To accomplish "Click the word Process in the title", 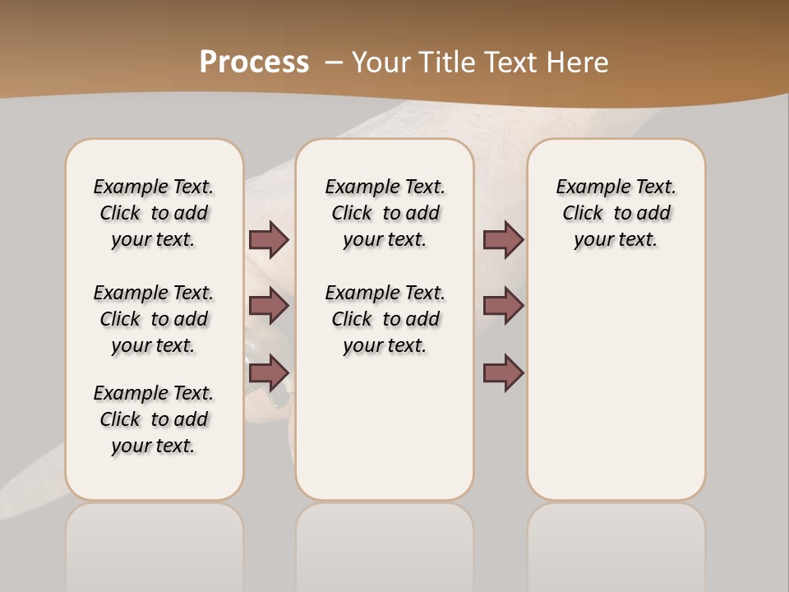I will [x=254, y=62].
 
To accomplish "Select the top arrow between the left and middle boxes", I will [x=269, y=239].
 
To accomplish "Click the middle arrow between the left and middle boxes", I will [x=269, y=306].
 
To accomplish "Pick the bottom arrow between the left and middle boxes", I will [x=269, y=372].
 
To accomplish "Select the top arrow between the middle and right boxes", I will [x=503, y=239].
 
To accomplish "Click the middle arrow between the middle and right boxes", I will [x=503, y=306].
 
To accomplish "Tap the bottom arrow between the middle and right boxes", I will [x=503, y=372].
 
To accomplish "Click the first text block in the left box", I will [x=154, y=213].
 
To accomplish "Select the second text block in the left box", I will [x=154, y=319].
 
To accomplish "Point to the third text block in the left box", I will [x=154, y=419].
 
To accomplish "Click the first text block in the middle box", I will [x=385, y=213].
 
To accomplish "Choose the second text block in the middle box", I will [x=385, y=319].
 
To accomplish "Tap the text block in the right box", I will [x=616, y=213].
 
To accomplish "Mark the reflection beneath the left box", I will [x=155, y=543].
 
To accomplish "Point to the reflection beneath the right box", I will [x=616, y=543].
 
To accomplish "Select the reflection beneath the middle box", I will [x=385, y=543].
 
